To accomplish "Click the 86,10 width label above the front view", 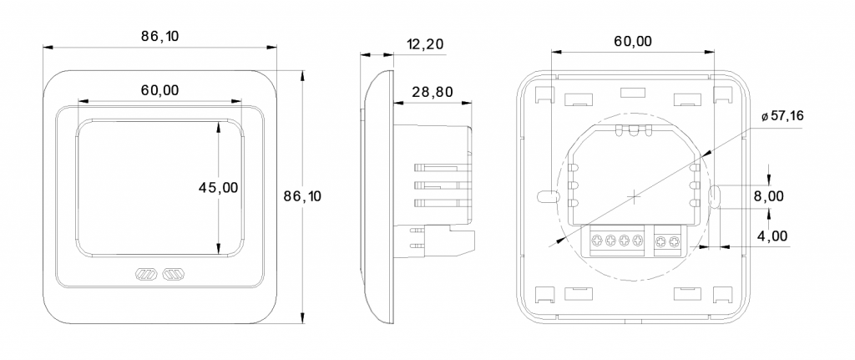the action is (159, 36).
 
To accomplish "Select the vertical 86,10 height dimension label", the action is (302, 196).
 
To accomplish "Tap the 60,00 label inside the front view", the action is (159, 90).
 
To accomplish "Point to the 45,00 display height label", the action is (219, 188).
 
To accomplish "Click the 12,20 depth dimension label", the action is (425, 44).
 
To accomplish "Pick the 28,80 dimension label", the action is (433, 92).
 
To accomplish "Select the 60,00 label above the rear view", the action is (633, 42).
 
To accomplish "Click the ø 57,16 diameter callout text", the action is (782, 116).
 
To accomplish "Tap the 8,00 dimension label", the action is (769, 196).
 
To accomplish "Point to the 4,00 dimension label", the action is (772, 236).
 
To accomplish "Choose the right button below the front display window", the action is (174, 274).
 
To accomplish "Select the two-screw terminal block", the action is (668, 241).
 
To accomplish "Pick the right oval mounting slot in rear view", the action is (715, 196).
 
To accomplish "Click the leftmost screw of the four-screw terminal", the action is (598, 240).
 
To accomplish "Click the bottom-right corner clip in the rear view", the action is (723, 295).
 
